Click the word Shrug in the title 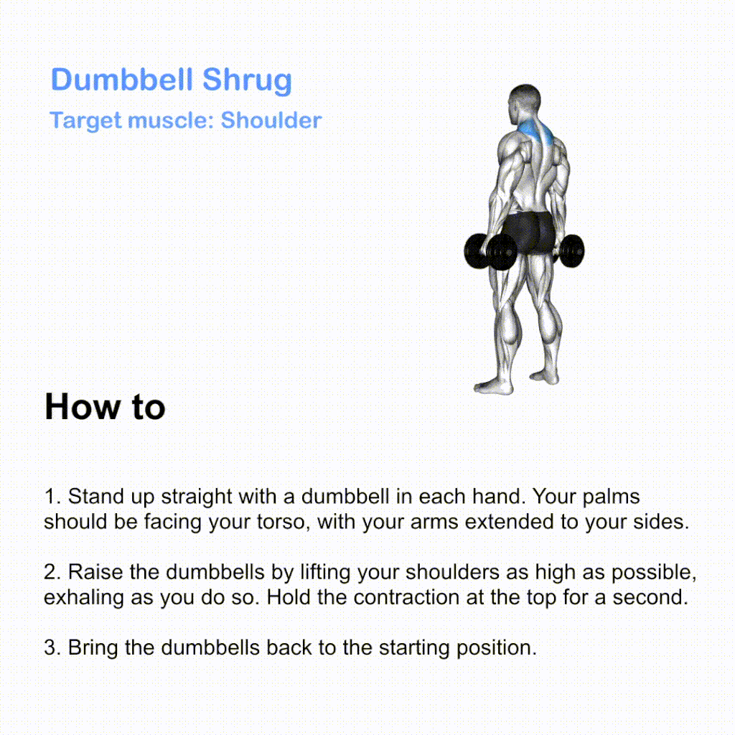(247, 80)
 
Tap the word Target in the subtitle (85, 121)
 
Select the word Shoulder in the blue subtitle (271, 120)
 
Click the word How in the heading (83, 406)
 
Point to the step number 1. (52, 497)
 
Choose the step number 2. (52, 572)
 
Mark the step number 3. (52, 647)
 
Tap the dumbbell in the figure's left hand (490, 252)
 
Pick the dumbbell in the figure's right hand (569, 251)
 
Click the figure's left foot (493, 387)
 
